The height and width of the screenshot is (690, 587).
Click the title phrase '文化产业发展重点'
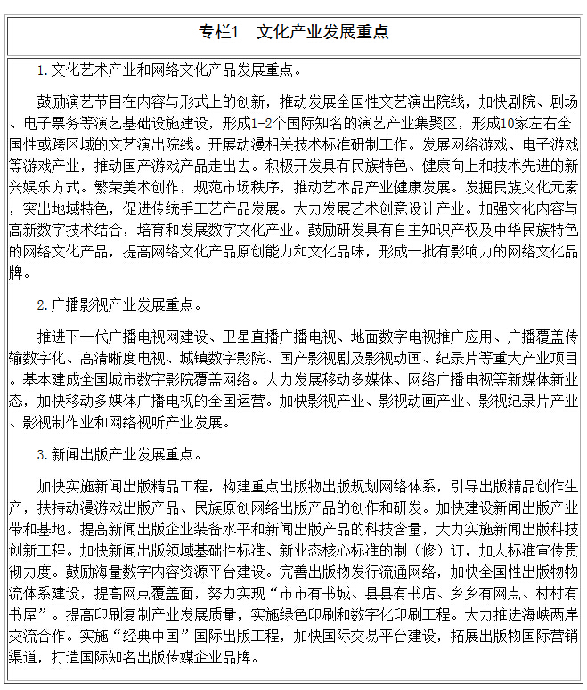pos(322,33)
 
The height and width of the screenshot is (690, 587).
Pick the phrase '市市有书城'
pos(322,593)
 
